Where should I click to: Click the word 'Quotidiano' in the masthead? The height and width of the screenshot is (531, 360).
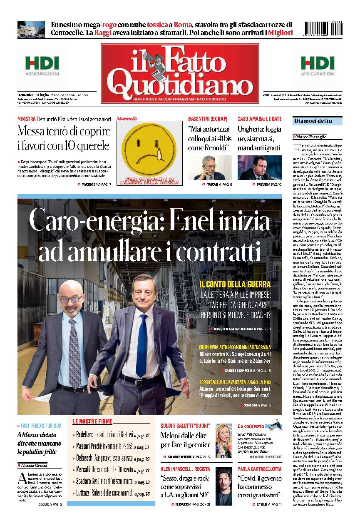(181, 83)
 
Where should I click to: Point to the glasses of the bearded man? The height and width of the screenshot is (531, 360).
(70, 299)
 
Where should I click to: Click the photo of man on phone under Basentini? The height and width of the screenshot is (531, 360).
(210, 168)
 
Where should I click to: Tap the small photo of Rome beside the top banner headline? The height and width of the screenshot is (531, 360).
(31, 30)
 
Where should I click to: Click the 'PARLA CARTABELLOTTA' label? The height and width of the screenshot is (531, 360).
(259, 469)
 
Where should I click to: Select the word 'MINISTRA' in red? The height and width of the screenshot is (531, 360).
(26, 119)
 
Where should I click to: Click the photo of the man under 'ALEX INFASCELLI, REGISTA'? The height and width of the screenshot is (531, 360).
(224, 486)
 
